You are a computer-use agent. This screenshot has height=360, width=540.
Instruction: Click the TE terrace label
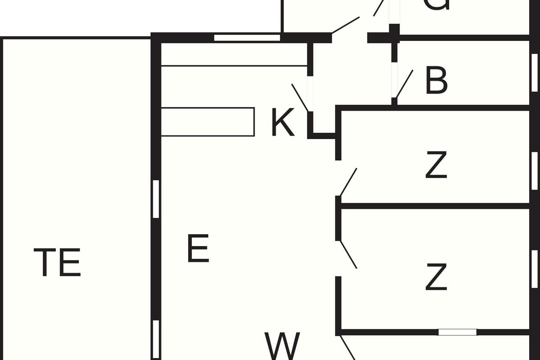[57, 262]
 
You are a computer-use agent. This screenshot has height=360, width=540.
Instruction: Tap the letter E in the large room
[198, 248]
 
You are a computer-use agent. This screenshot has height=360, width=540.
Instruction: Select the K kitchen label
[283, 123]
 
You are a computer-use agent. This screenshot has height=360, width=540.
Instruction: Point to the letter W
[282, 346]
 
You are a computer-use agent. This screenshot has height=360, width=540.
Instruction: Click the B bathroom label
[436, 81]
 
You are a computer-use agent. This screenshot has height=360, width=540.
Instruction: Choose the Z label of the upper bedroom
[436, 166]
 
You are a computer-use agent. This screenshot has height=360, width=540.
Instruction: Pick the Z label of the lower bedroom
[436, 278]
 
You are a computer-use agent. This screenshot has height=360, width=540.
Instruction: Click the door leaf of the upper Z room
[349, 182]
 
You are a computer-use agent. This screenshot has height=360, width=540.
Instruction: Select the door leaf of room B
[405, 84]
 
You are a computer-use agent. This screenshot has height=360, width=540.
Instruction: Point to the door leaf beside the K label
[300, 97]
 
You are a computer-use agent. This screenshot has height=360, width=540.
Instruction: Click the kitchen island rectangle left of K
[207, 121]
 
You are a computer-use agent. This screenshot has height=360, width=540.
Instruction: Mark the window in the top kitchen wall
[247, 38]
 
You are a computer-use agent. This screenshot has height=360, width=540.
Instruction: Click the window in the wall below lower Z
[457, 332]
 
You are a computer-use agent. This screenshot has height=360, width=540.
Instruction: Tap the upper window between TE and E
[156, 199]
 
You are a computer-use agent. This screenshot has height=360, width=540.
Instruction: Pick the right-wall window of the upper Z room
[535, 171]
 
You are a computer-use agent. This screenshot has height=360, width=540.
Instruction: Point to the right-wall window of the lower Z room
[535, 268]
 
